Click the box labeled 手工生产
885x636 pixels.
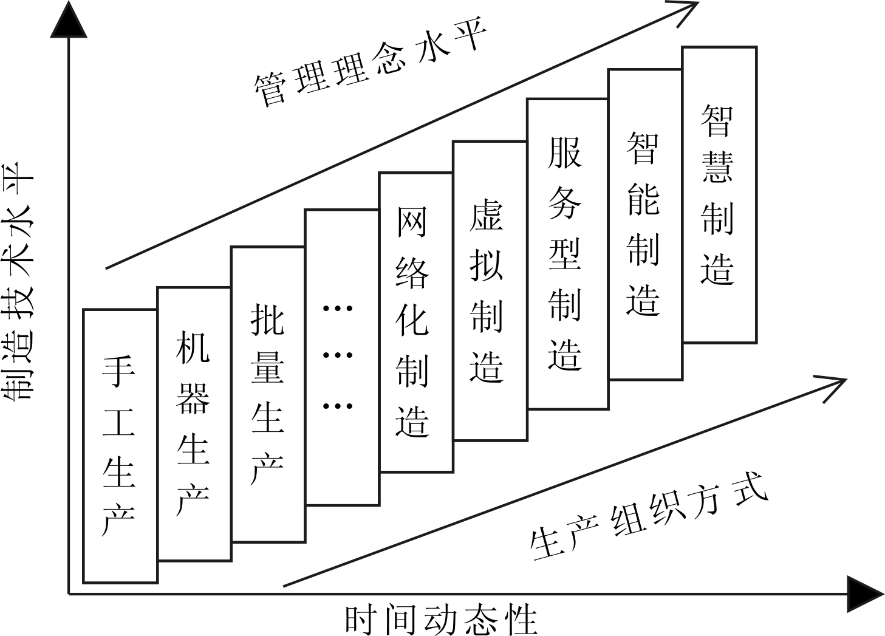click(x=120, y=446)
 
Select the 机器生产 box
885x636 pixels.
click(x=194, y=423)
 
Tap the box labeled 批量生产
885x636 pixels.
click(x=268, y=394)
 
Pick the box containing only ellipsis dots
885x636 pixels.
click(x=342, y=357)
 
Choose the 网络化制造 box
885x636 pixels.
click(x=415, y=322)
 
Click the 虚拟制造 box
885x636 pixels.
click(x=490, y=290)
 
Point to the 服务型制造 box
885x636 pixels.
click(x=567, y=253)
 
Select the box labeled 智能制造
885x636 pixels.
click(x=644, y=224)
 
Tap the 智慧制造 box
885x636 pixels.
click(x=719, y=194)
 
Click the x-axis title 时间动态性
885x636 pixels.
click(x=442, y=619)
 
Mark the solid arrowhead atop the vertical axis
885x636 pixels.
click(x=69, y=21)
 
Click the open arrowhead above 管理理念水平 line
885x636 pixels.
click(x=686, y=9)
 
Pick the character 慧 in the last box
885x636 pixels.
click(x=719, y=166)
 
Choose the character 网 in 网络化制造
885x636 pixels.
click(x=414, y=223)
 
